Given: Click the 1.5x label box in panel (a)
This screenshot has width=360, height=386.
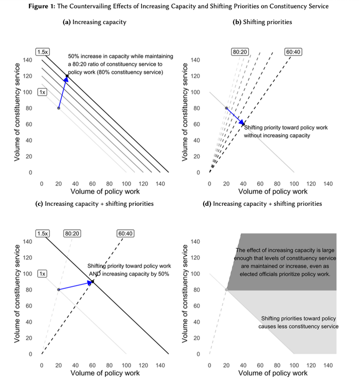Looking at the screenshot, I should [x=42, y=52].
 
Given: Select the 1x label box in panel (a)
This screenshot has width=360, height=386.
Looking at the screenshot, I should [x=42, y=92].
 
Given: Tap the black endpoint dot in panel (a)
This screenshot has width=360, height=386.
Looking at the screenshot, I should [x=67, y=76].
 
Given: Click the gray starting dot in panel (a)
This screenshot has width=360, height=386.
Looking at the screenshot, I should [x=58, y=108].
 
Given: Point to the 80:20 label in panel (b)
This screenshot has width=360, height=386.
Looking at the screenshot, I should [x=239, y=52].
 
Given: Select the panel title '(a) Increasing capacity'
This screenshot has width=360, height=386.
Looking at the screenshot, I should [x=94, y=23].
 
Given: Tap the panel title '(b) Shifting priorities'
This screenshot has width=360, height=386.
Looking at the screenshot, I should [x=262, y=23].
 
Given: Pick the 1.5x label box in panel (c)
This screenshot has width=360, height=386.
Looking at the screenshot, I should [x=42, y=233].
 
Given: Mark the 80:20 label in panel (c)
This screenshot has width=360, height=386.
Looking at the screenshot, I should [x=72, y=233].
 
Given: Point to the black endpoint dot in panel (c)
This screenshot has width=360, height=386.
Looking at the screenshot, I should [x=92, y=282].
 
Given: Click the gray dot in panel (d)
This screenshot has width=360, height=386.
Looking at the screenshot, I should [x=226, y=290].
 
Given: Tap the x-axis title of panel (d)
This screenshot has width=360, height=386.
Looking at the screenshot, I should [x=272, y=373].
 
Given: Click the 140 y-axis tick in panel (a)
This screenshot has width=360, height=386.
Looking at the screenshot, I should [x=27, y=60].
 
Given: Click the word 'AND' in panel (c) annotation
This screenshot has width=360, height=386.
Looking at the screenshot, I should [x=95, y=274].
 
